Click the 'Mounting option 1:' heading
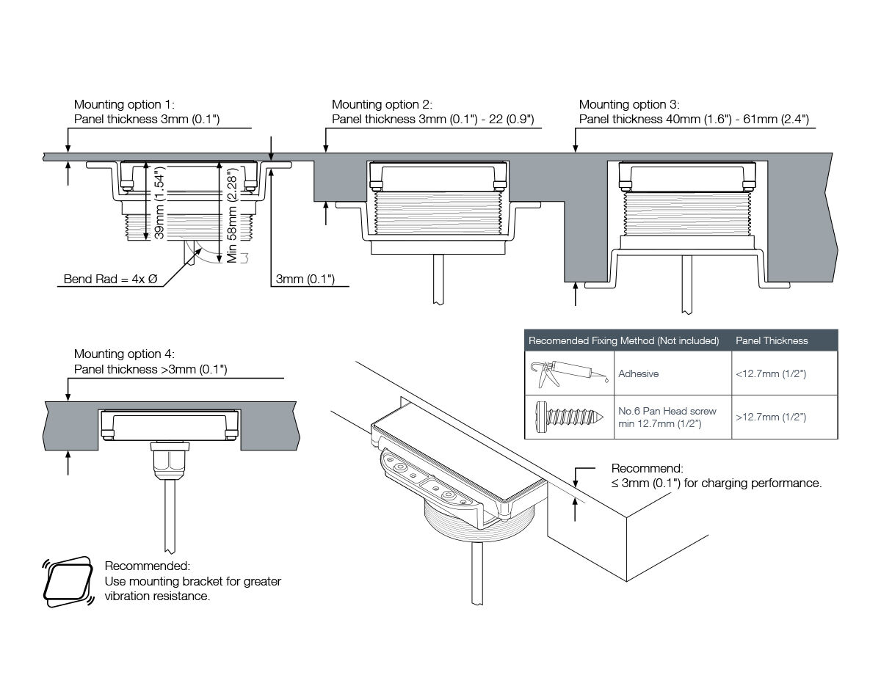pyautogui.click(x=124, y=105)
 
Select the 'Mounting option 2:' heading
pyautogui.click(x=382, y=105)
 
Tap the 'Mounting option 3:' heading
pyautogui.click(x=629, y=105)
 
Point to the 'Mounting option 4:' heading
pyautogui.click(x=124, y=354)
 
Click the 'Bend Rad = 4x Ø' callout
pyautogui.click(x=111, y=279)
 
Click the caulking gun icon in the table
pyautogui.click(x=569, y=373)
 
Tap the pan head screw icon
pyautogui.click(x=569, y=417)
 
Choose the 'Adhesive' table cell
pyautogui.click(x=638, y=373)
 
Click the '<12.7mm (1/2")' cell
pyautogui.click(x=771, y=373)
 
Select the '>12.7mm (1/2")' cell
pyautogui.click(x=771, y=417)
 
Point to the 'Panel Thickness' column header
pyautogui.click(x=771, y=340)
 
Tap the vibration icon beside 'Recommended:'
pyautogui.click(x=68, y=582)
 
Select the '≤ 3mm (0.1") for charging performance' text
pyautogui.click(x=716, y=483)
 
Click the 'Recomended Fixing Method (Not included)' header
pyautogui.click(x=623, y=340)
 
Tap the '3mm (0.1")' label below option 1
pyautogui.click(x=305, y=279)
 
